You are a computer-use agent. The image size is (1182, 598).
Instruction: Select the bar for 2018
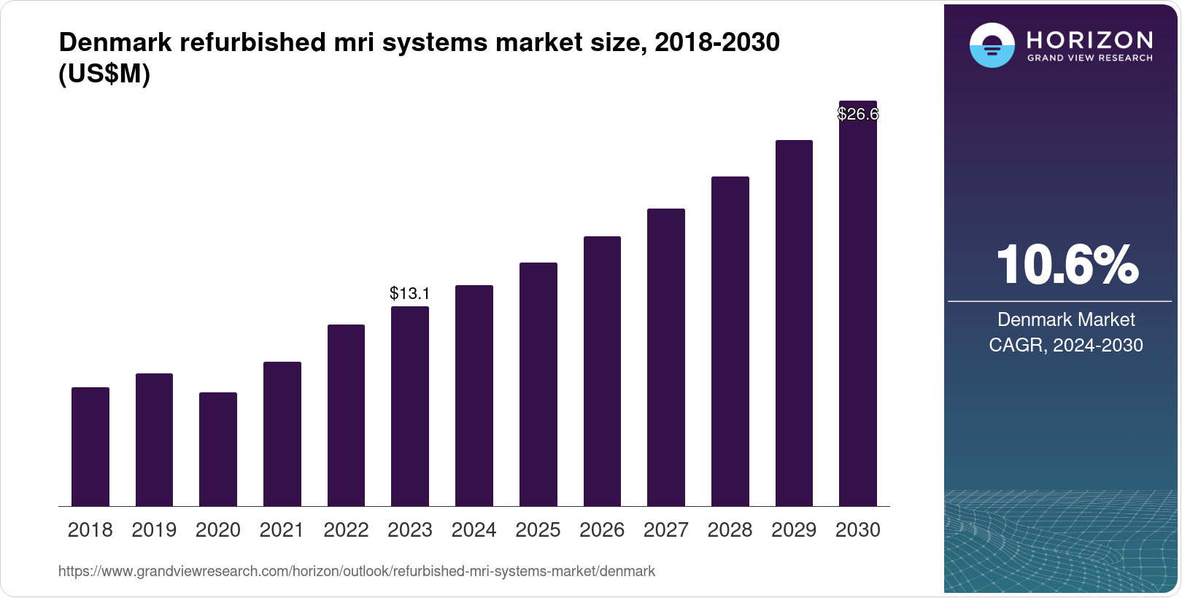pyautogui.click(x=90, y=446)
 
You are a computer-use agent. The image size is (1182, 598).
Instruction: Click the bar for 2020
pyautogui.click(x=218, y=449)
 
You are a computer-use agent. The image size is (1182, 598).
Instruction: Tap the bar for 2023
pyautogui.click(x=410, y=406)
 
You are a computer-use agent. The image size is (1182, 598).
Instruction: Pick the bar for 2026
pyautogui.click(x=602, y=371)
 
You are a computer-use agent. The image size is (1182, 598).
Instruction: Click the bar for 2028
pyautogui.click(x=730, y=341)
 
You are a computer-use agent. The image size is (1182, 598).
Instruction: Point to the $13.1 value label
pyautogui.click(x=410, y=294)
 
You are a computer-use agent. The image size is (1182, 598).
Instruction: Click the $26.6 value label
pyautogui.click(x=858, y=114)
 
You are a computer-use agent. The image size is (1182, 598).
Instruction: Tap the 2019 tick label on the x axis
pyautogui.click(x=154, y=530)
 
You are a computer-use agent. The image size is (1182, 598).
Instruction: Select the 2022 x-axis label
pyautogui.click(x=346, y=530)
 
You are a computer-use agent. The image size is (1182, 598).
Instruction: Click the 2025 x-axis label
pyautogui.click(x=538, y=530)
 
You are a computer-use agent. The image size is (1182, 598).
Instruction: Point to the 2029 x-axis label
pyautogui.click(x=794, y=530)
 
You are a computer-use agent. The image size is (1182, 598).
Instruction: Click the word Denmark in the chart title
pyautogui.click(x=115, y=42)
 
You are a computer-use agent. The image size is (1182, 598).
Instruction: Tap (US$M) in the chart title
pyautogui.click(x=104, y=74)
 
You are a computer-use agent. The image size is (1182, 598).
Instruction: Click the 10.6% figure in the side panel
pyautogui.click(x=1067, y=265)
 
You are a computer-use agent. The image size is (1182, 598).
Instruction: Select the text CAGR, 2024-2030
pyautogui.click(x=1066, y=345)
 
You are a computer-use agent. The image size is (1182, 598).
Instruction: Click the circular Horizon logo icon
pyautogui.click(x=992, y=45)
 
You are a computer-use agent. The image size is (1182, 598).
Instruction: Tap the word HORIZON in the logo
pyautogui.click(x=1089, y=39)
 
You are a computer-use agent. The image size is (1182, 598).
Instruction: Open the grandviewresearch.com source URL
pyautogui.click(x=357, y=572)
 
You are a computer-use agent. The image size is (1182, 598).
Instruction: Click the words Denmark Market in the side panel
pyautogui.click(x=1066, y=319)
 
